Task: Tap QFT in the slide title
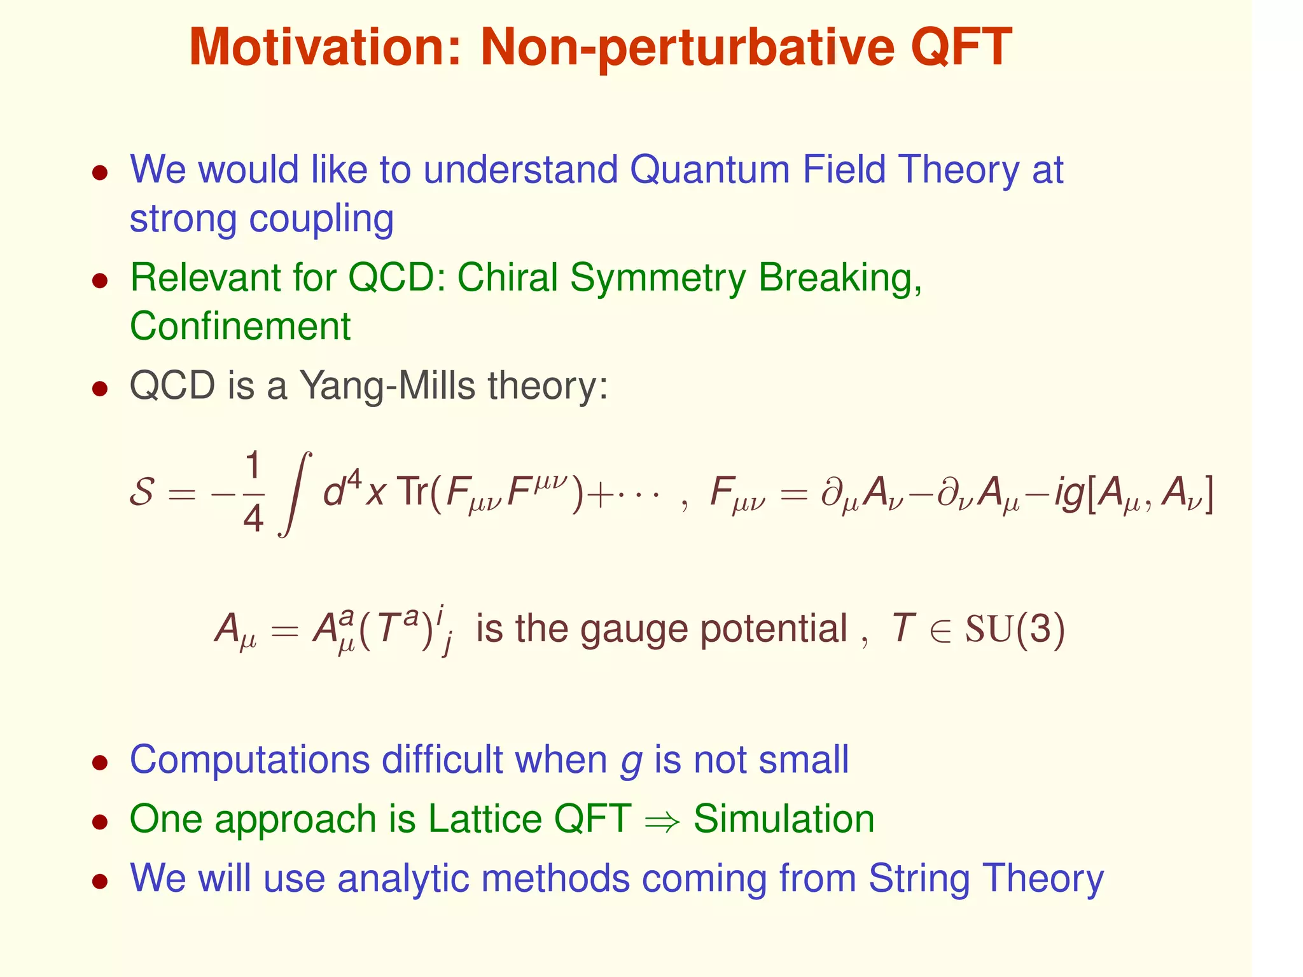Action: click(x=961, y=48)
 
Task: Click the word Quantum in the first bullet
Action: click(x=709, y=170)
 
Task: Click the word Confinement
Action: click(x=240, y=326)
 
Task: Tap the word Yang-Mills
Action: click(x=387, y=386)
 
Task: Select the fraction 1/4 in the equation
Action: click(x=253, y=494)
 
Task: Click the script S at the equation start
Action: click(x=142, y=492)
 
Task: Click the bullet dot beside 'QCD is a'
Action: click(x=100, y=388)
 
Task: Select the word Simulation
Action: click(x=784, y=819)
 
